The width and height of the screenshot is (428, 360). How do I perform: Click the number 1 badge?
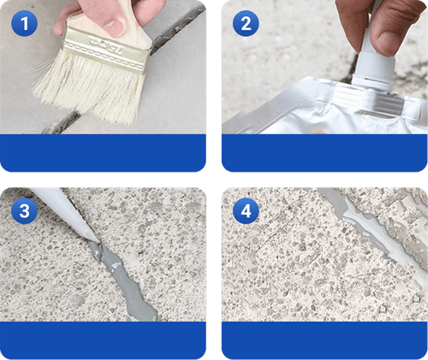point(25,25)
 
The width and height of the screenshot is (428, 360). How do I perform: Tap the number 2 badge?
point(246,25)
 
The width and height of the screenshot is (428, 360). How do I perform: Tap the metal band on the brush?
point(107,38)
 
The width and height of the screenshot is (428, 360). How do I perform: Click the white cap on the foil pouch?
point(368,60)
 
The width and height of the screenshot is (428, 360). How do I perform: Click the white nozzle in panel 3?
point(64,214)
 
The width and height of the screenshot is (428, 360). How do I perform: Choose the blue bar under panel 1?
point(104,154)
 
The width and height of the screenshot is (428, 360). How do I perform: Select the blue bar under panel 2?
point(324,154)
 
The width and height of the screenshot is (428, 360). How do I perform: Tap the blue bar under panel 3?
point(104,340)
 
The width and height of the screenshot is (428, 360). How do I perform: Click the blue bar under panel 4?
point(324,340)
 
